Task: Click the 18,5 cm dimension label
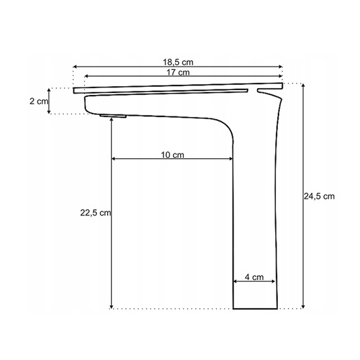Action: pyautogui.click(x=178, y=62)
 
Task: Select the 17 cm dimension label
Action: pyautogui.click(x=178, y=72)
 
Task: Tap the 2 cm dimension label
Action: pyautogui.click(x=39, y=101)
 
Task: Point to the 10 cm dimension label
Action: pyautogui.click(x=172, y=155)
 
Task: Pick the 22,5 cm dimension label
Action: pyautogui.click(x=96, y=213)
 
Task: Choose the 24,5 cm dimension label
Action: pyautogui.click(x=320, y=196)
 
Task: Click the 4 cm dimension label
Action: pyautogui.click(x=254, y=277)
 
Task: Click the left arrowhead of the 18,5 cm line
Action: pyautogui.click(x=75, y=67)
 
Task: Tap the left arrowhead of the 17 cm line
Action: pyautogui.click(x=86, y=76)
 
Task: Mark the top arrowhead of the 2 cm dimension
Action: pyautogui.click(x=48, y=90)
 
